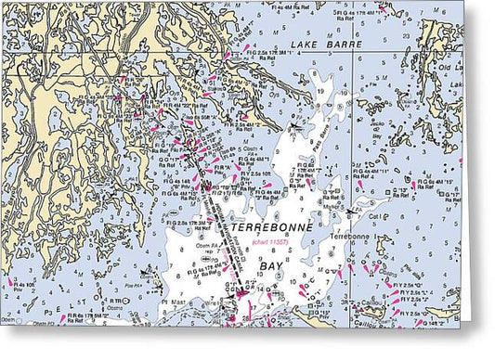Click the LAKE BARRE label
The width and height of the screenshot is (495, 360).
[x=316, y=44]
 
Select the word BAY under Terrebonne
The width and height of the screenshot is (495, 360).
[x=270, y=265]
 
